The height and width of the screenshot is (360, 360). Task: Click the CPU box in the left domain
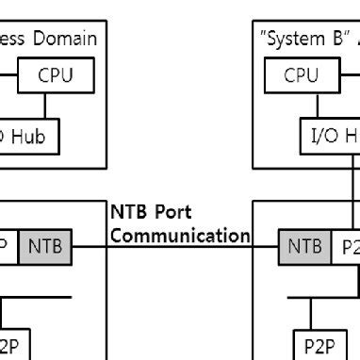pyautogui.click(x=55, y=74)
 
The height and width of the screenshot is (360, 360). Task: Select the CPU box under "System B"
pyautogui.click(x=301, y=74)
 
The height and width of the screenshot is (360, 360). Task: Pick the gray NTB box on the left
pyautogui.click(x=44, y=247)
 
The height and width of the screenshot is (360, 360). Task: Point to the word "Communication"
pyautogui.click(x=180, y=236)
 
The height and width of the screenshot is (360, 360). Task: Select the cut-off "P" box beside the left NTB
pyautogui.click(x=8, y=247)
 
